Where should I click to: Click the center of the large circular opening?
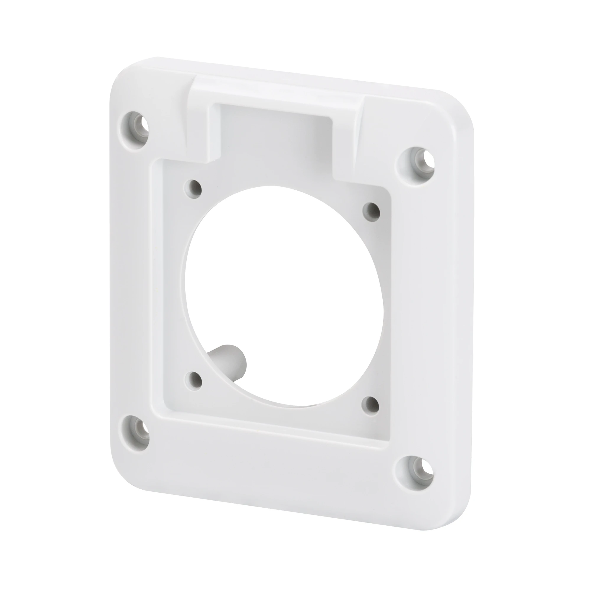click(283, 295)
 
